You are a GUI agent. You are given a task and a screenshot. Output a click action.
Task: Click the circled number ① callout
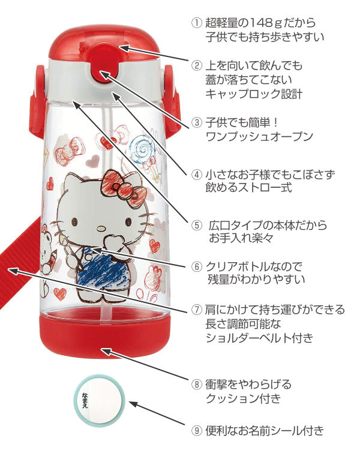point(196,23)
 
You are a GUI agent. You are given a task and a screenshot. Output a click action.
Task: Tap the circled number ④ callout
point(196,174)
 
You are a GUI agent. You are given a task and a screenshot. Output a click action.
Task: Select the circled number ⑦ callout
point(196,310)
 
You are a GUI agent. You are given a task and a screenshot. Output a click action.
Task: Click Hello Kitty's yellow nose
point(101,227)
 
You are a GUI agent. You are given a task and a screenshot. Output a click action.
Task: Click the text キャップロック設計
point(253,94)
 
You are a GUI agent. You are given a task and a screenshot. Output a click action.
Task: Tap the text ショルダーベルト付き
point(259,338)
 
